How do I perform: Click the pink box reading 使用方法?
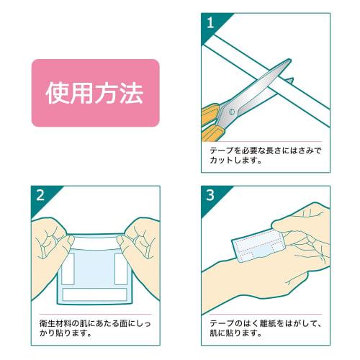point(94,93)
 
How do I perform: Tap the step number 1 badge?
point(210,22)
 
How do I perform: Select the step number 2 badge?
point(39,194)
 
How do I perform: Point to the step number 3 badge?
point(210,194)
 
